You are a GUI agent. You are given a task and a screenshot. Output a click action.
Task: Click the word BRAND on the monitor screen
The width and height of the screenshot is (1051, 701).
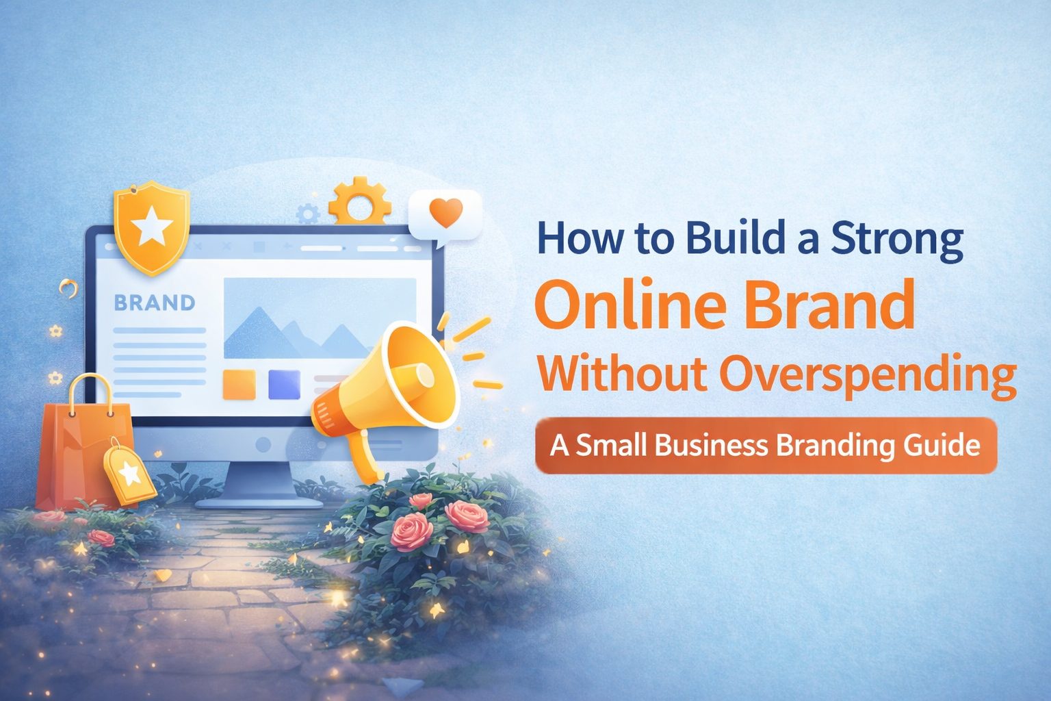(x=154, y=302)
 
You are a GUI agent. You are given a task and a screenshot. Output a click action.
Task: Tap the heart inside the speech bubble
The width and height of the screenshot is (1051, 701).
(x=446, y=214)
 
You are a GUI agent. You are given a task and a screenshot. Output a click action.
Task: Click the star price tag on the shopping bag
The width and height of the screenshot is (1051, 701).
(x=129, y=472)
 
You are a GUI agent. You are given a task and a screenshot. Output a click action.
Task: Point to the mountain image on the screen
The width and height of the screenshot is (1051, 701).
(x=320, y=318)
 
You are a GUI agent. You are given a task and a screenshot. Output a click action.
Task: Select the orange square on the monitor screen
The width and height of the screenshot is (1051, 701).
(x=239, y=384)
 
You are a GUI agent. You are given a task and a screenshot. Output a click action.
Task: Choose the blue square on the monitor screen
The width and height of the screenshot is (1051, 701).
(x=284, y=384)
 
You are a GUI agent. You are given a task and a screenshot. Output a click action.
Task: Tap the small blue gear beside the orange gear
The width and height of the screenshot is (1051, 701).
(x=308, y=213)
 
